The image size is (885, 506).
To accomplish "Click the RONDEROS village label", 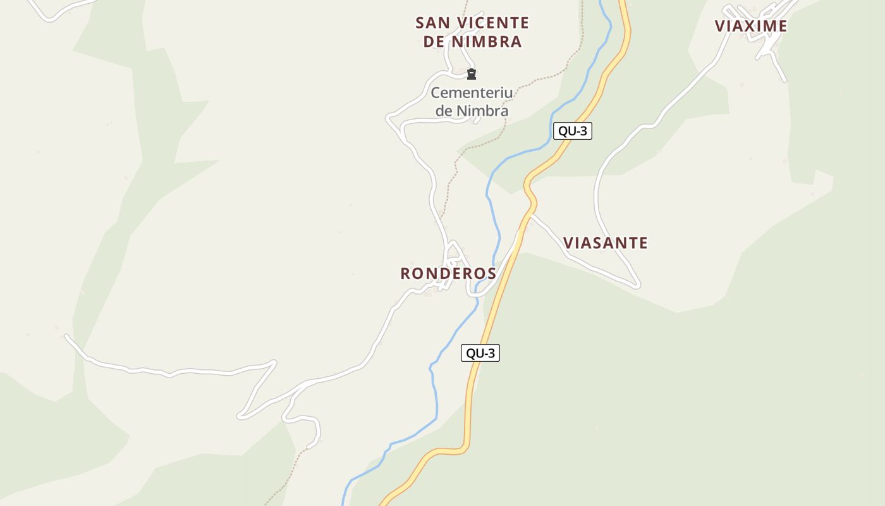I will (x=448, y=273).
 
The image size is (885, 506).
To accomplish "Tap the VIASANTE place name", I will (x=605, y=243).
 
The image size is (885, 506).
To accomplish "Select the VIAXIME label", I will (x=751, y=26).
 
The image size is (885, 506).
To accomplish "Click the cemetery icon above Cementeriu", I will (x=471, y=75).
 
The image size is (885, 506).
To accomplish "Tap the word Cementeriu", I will (x=472, y=93).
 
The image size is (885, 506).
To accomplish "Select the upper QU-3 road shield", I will (x=572, y=132).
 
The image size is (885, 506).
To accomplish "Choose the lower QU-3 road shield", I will (x=480, y=353).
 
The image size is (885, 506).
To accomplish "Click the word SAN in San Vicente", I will (x=433, y=23).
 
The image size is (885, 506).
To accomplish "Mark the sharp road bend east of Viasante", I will (x=637, y=285).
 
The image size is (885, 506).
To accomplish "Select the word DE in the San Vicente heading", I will (x=433, y=42).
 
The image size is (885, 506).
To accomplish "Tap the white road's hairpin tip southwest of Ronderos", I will (x=241, y=416).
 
